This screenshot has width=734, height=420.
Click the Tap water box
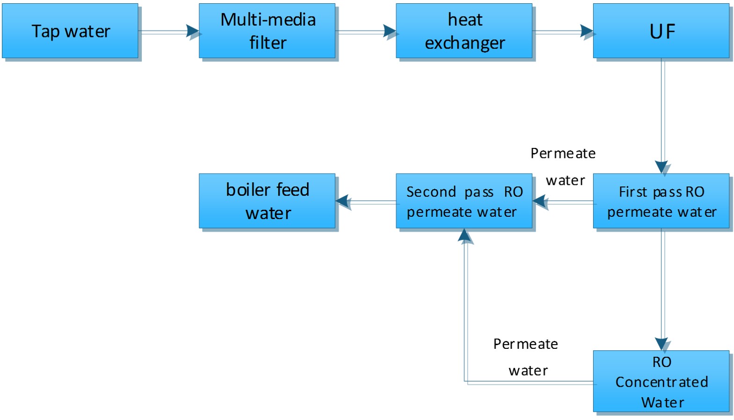(x=70, y=31)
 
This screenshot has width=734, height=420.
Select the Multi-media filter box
(x=267, y=31)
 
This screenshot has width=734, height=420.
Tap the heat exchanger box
(x=464, y=31)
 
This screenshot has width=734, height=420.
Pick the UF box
(x=661, y=31)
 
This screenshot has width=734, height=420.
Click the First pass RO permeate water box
(x=661, y=201)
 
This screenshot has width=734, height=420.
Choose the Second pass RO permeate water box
(x=464, y=201)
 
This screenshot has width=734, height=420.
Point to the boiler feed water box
(x=267, y=201)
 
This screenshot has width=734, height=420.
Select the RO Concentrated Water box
(x=661, y=381)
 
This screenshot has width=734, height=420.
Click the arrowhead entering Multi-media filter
(x=193, y=31)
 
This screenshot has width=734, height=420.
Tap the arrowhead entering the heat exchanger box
(x=389, y=31)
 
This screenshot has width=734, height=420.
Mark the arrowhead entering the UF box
(x=587, y=31)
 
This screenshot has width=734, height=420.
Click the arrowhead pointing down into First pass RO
(x=661, y=167)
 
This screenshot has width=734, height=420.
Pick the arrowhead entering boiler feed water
(x=342, y=201)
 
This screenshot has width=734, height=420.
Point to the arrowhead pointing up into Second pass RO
(x=464, y=235)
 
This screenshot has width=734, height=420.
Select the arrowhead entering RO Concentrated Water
(x=661, y=344)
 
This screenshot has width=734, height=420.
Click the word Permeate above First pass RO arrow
(x=563, y=154)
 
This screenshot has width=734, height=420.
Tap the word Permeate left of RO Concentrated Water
(x=526, y=344)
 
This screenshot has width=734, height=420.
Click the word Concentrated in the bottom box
(x=661, y=382)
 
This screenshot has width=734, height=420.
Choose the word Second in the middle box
(x=431, y=192)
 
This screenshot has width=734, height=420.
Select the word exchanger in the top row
(x=465, y=43)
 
